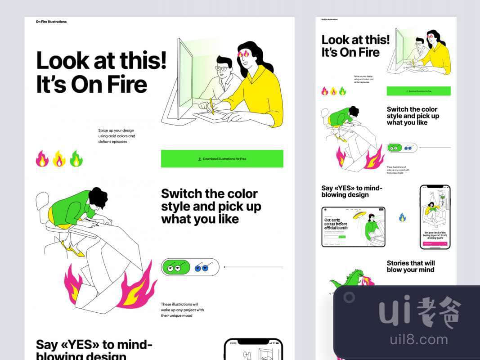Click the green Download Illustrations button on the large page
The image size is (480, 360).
(x=222, y=159)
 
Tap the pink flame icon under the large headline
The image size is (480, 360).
(x=42, y=159)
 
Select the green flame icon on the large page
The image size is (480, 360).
(x=76, y=159)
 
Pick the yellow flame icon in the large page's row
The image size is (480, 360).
(x=59, y=159)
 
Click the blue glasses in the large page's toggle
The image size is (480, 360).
(x=202, y=268)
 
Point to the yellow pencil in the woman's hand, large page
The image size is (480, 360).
(x=212, y=106)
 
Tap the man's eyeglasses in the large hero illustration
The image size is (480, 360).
(x=222, y=68)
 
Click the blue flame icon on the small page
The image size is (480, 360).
(x=402, y=218)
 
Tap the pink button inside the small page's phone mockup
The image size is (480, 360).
(x=435, y=244)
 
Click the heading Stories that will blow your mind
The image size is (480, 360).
(x=410, y=266)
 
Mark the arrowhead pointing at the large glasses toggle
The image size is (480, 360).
(x=224, y=267)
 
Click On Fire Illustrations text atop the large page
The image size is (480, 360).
(x=51, y=22)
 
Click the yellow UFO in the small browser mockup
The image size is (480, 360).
(x=358, y=216)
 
